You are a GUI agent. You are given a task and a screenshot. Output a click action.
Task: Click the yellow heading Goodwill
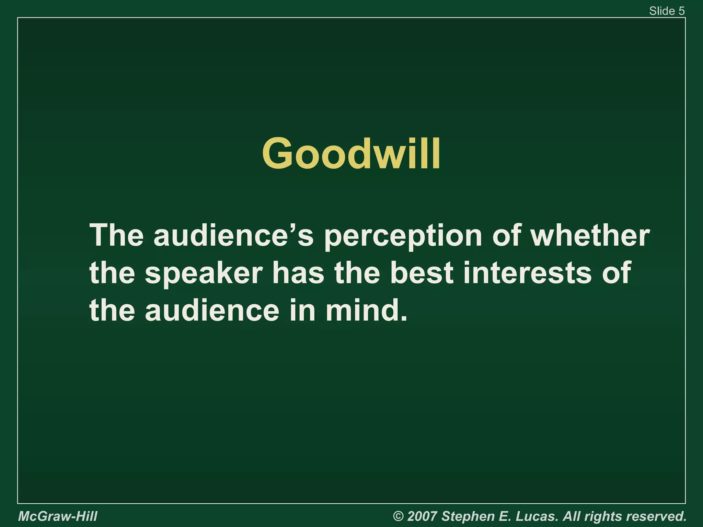(x=351, y=153)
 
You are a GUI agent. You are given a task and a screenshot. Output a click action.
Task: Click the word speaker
(x=204, y=273)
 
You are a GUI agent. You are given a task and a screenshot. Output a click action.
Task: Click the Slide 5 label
(x=667, y=11)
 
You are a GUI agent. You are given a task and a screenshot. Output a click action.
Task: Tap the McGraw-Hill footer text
(x=58, y=516)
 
